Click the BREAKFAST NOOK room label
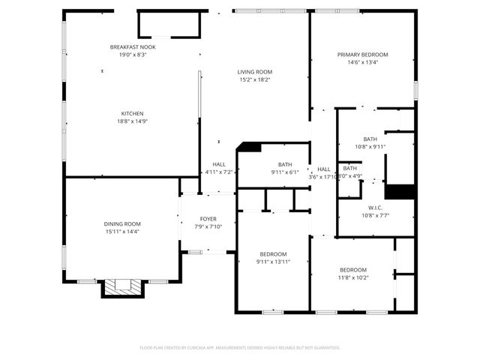click(x=133, y=47)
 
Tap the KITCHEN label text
click(x=133, y=114)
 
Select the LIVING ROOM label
click(x=255, y=72)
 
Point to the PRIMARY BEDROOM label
click(x=362, y=55)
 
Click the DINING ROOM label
click(x=122, y=223)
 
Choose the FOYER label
click(x=208, y=219)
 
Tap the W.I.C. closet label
click(x=376, y=207)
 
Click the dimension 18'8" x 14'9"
click(x=133, y=121)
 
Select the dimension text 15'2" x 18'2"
click(x=255, y=79)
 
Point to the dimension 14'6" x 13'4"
click(x=362, y=62)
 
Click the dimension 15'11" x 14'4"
click(x=122, y=231)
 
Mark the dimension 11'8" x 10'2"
click(x=353, y=277)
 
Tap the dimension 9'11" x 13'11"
click(x=273, y=262)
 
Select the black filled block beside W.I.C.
click(x=404, y=191)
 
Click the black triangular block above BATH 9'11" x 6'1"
click(x=250, y=148)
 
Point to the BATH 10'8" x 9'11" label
click(x=370, y=139)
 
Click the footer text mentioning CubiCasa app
click(x=240, y=348)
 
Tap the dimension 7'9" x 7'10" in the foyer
click(x=208, y=226)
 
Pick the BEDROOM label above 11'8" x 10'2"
click(x=353, y=270)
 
